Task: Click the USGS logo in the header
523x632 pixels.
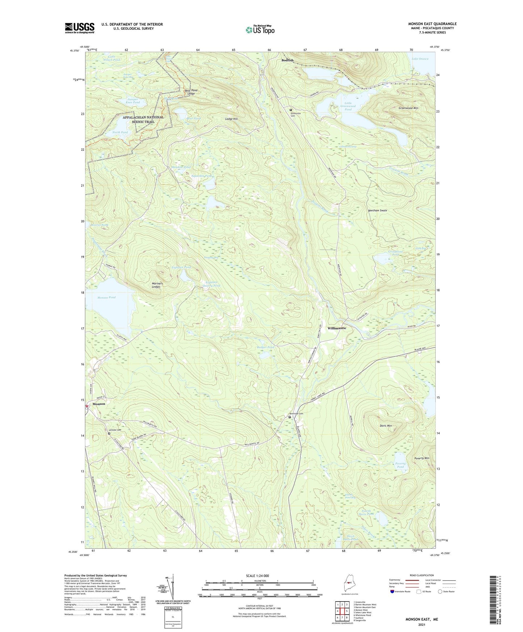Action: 80,28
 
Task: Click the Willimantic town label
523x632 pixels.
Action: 337,328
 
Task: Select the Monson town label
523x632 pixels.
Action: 99,404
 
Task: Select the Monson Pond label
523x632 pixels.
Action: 106,297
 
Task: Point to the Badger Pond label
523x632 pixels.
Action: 265,347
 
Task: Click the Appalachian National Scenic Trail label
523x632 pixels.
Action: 143,119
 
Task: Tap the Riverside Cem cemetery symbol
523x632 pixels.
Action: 290,417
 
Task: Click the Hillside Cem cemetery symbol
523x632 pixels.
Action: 109,433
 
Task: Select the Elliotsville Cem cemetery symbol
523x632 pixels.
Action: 290,110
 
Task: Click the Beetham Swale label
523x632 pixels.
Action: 378,210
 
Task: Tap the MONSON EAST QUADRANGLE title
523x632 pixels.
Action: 432,24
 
